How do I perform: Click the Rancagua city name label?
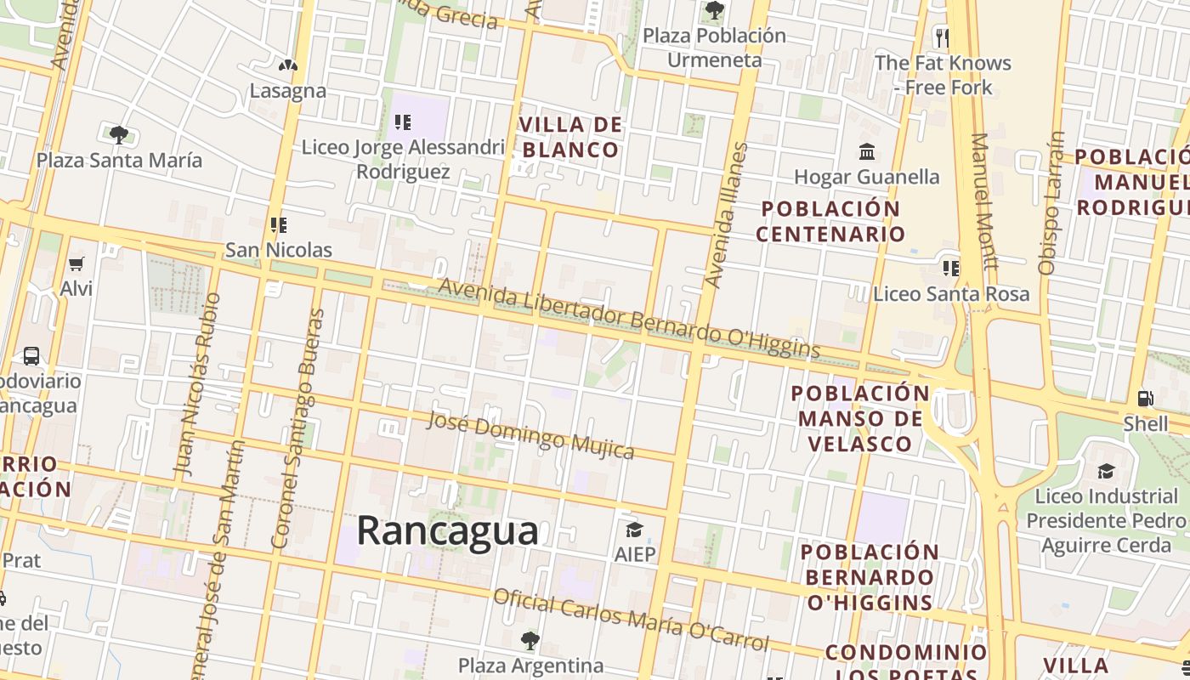(447, 530)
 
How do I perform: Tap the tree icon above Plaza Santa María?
(119, 134)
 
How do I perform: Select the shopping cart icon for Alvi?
(76, 264)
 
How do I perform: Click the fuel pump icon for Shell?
(1145, 398)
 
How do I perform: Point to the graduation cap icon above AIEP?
(634, 530)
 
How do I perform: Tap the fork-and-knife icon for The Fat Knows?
(942, 37)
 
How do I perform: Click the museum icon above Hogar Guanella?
(867, 152)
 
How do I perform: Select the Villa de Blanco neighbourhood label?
(570, 138)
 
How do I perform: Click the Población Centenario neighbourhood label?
(830, 221)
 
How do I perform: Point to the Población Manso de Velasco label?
(860, 418)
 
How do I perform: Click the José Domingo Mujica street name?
(530, 434)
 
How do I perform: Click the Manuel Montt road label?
(983, 201)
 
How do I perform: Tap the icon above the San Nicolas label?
(278, 225)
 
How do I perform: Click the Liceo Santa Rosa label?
(951, 294)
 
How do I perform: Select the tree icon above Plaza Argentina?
(530, 640)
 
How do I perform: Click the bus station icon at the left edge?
(31, 355)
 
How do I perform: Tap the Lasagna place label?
(287, 90)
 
